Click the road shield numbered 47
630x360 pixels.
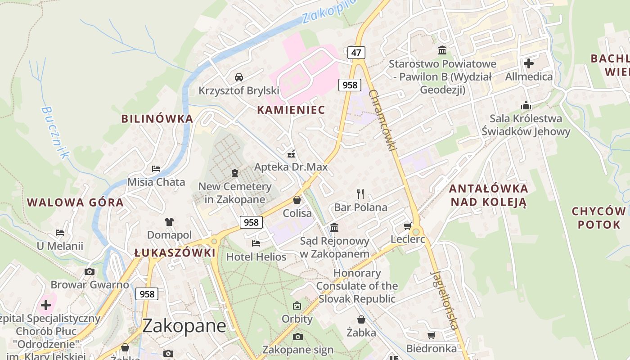pyautogui.click(x=356, y=53)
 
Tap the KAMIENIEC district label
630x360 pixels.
pyautogui.click(x=291, y=110)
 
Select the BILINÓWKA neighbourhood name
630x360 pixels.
pyautogui.click(x=157, y=119)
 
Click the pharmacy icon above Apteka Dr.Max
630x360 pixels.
pyautogui.click(x=291, y=154)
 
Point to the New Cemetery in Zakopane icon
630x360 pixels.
pyautogui.click(x=234, y=173)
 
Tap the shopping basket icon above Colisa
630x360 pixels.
pyautogui.click(x=297, y=200)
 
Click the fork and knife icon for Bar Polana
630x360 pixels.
pyautogui.click(x=360, y=194)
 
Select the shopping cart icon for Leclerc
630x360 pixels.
pyautogui.click(x=408, y=226)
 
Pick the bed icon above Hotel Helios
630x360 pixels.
pyautogui.click(x=256, y=243)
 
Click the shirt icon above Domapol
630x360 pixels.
pyautogui.click(x=169, y=221)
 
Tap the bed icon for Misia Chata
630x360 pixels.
pyautogui.click(x=156, y=169)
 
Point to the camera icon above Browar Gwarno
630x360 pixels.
pyautogui.click(x=90, y=271)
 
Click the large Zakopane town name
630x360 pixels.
pyautogui.click(x=184, y=326)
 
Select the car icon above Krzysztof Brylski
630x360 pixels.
pyautogui.click(x=239, y=77)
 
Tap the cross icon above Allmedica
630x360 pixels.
pyautogui.click(x=529, y=63)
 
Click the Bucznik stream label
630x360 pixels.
pyautogui.click(x=55, y=132)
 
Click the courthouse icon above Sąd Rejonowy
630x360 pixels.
pyautogui.click(x=334, y=228)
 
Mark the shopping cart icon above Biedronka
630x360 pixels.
pyautogui.click(x=431, y=335)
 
